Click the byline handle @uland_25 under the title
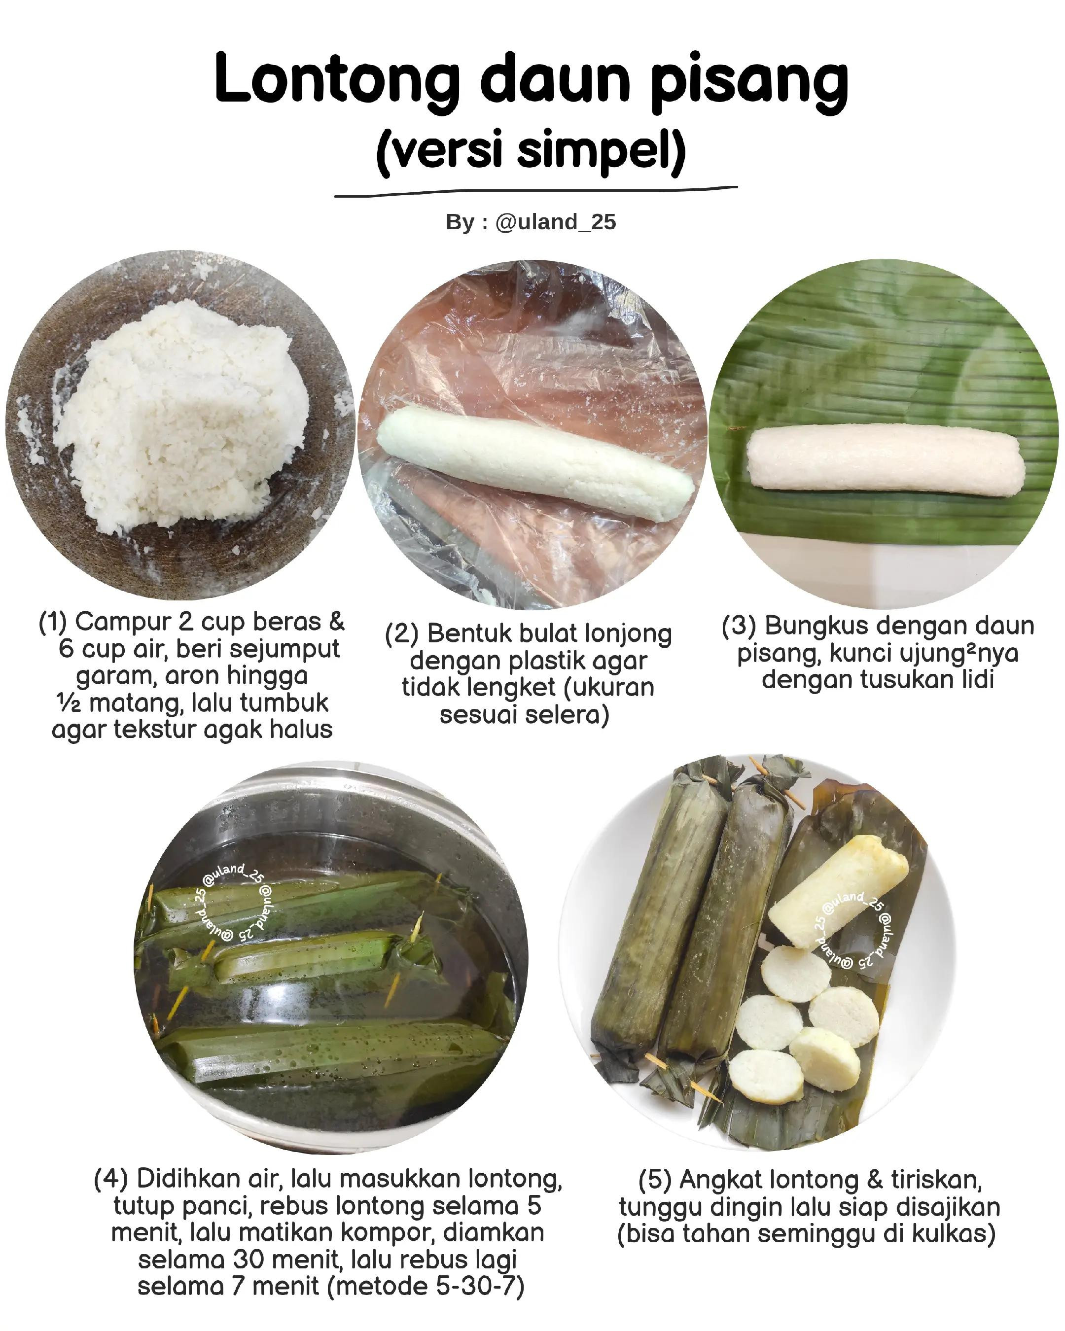(555, 222)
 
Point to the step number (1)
(52, 622)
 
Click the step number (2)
(402, 634)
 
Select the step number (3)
(739, 626)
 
